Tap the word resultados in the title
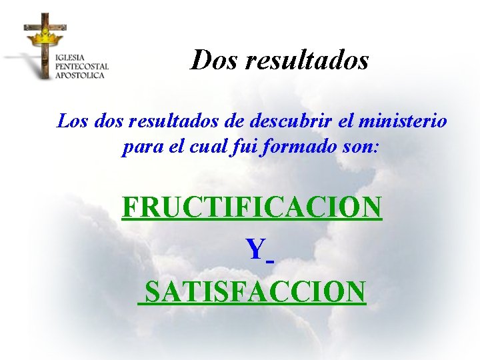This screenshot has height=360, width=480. (307, 60)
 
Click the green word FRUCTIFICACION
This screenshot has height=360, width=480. (252, 207)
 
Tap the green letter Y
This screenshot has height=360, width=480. (255, 249)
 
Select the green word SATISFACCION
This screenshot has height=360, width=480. (255, 291)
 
